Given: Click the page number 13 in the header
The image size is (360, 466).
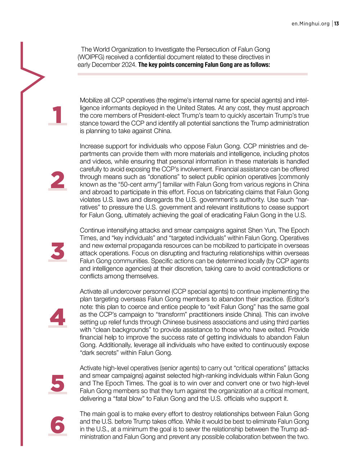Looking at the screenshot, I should click(x=337, y=24).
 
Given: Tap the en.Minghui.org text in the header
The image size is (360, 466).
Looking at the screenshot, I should click(x=311, y=24).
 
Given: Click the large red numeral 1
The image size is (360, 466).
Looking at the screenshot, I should click(x=58, y=115).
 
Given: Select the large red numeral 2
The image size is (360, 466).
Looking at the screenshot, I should click(x=58, y=180).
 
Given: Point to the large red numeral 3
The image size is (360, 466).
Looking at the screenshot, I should click(x=58, y=251).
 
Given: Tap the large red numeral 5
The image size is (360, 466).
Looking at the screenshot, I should click(x=58, y=383).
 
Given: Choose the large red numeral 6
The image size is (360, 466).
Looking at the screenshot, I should click(x=58, y=425).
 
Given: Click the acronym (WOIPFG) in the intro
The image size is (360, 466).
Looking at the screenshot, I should click(x=91, y=57).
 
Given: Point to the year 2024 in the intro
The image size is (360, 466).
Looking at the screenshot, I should click(x=129, y=65).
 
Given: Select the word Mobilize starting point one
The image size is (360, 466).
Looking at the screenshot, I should click(x=91, y=100).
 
